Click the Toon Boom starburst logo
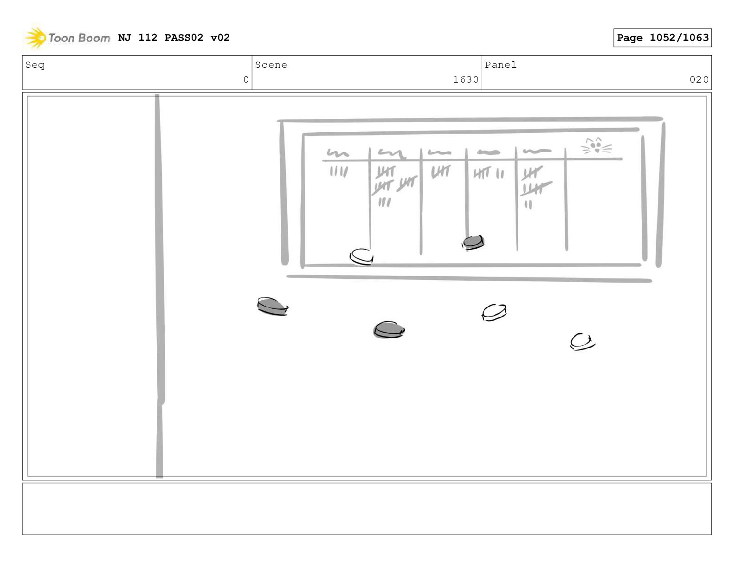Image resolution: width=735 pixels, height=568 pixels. point(35,37)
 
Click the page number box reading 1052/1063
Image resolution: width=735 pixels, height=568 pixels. point(662,38)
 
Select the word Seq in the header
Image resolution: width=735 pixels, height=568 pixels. point(35,65)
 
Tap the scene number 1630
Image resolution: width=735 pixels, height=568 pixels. point(466,79)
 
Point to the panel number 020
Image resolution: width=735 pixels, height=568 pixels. point(699,79)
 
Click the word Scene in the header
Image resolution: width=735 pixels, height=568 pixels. point(271,65)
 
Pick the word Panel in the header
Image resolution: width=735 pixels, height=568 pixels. point(501,65)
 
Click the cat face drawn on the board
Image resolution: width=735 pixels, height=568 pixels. point(596,146)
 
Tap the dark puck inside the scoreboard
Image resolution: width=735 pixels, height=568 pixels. point(473,242)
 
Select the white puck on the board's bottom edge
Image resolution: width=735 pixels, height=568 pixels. point(361,257)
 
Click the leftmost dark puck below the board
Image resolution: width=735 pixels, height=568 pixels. point(272,306)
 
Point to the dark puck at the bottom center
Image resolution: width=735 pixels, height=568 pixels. point(389,329)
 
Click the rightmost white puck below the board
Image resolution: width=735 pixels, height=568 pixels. point(582,342)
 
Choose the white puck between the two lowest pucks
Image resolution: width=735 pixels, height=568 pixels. point(494,312)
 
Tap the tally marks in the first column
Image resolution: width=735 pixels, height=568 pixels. point(339,172)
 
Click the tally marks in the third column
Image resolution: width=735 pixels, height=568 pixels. point(441,172)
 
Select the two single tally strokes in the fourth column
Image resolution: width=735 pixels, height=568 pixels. point(500,174)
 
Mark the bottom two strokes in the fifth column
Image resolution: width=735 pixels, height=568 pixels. point(529,204)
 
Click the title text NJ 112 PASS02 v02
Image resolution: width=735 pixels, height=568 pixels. point(174,37)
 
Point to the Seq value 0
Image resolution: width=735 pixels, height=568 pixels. point(246,79)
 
